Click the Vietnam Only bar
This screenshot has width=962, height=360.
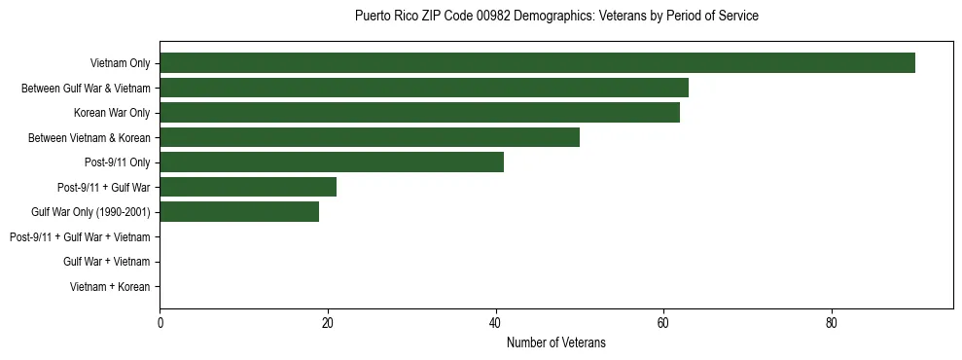[537, 63]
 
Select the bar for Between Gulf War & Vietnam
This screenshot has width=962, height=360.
[424, 88]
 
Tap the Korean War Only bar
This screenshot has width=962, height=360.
[419, 113]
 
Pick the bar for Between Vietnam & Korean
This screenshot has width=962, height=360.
[370, 137]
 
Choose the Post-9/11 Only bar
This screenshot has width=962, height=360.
[332, 162]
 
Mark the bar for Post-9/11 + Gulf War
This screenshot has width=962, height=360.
[248, 187]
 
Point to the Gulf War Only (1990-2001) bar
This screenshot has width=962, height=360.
[239, 212]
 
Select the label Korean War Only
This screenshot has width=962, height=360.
[112, 114]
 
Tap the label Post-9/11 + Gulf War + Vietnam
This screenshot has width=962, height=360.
[80, 237]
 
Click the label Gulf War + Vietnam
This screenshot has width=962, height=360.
[106, 262]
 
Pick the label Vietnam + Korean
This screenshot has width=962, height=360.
[110, 287]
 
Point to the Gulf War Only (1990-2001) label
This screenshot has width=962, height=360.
[90, 212]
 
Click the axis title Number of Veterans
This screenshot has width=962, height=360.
[556, 342]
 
